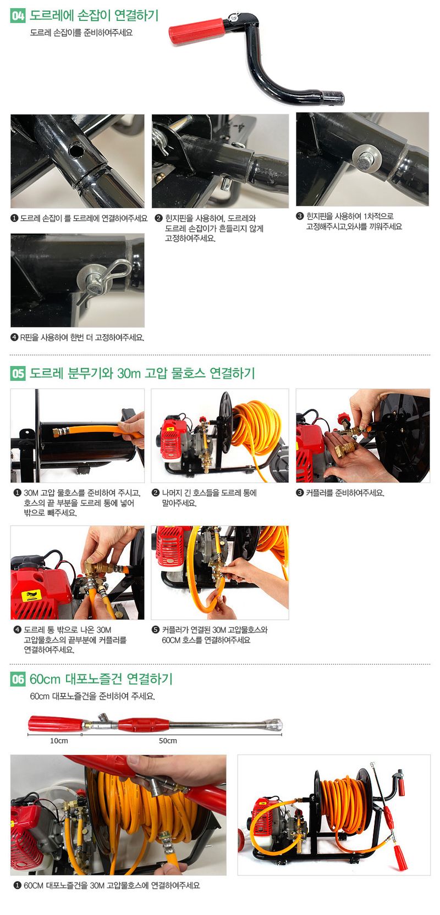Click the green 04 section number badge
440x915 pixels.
[x=18, y=15]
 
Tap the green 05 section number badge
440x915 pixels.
[x=18, y=373]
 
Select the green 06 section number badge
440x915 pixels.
[x=18, y=679]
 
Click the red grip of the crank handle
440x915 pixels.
[x=196, y=30]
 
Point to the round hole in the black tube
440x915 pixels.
[x=75, y=150]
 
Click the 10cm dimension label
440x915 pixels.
[x=59, y=741]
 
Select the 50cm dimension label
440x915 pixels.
[x=168, y=741]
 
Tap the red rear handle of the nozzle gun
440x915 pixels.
[x=55, y=723]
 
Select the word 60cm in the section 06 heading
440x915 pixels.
[x=45, y=679]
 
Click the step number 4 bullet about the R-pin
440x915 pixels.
[x=14, y=337]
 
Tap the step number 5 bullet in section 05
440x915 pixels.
[x=156, y=630]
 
